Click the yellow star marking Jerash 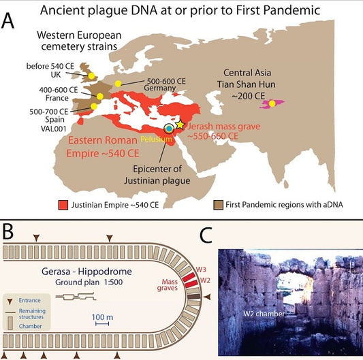pos(180,125)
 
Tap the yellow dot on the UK pos(91,76)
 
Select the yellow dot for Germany pos(118,84)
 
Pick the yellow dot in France pos(100,96)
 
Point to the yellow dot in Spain pos(94,106)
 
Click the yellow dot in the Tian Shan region pos(272,103)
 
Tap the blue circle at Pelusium pos(169,129)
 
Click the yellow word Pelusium pos(156,139)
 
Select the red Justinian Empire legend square pos(63,205)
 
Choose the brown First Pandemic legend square pos(218,205)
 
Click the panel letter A pos(7,21)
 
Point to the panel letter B pos(7,232)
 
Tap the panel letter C pos(206,235)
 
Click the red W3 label pos(201,269)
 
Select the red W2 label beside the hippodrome pos(205,280)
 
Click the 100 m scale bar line pos(102,324)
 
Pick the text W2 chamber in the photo pos(264,314)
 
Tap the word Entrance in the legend pos(30,300)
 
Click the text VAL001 pos(54,129)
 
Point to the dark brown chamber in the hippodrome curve pos(193,297)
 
